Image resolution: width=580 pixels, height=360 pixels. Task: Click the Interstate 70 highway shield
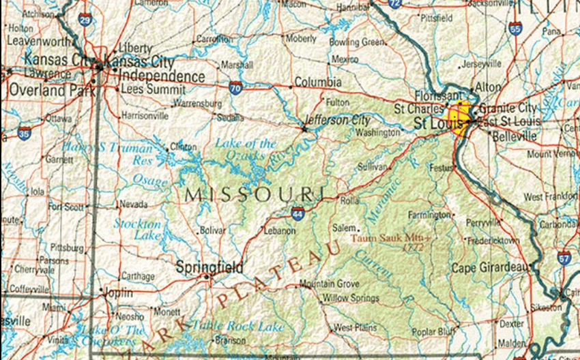coord(235,87)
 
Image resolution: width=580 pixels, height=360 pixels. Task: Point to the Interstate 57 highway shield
coord(564,258)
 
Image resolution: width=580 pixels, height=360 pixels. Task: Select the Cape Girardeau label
coord(490,268)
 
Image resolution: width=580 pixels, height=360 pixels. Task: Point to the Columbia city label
coord(318,82)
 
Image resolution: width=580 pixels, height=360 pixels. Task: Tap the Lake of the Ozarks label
coord(246,150)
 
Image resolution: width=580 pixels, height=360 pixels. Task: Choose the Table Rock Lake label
coord(237,327)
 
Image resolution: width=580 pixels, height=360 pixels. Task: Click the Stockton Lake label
coord(137,229)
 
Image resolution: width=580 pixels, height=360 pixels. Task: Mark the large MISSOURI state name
coord(255,194)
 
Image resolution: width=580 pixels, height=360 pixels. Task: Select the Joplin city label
coord(117,292)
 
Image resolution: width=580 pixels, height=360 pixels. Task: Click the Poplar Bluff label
coord(433,331)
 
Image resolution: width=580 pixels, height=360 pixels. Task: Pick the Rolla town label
coord(349,202)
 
